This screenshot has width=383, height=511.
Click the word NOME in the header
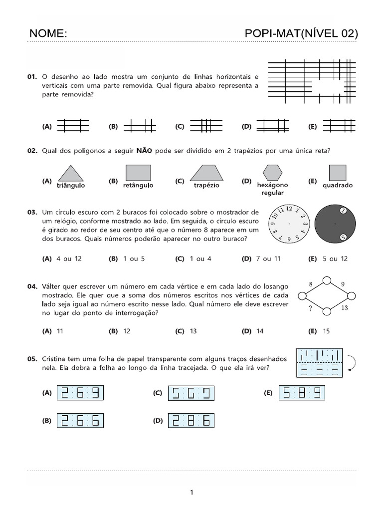click(x=48, y=33)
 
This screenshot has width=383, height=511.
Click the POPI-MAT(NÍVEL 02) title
click(x=301, y=33)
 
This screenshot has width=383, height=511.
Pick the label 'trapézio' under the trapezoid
click(x=206, y=185)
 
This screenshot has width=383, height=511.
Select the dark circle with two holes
click(x=335, y=224)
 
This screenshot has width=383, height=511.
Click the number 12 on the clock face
click(x=289, y=208)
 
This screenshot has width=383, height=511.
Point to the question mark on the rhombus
click(x=310, y=308)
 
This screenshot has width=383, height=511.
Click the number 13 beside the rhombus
click(x=344, y=308)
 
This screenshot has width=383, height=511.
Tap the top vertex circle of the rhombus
click(x=327, y=279)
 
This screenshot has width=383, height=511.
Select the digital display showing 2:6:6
click(x=81, y=421)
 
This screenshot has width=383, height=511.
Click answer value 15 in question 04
click(x=326, y=331)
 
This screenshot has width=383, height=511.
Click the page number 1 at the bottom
click(x=191, y=493)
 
